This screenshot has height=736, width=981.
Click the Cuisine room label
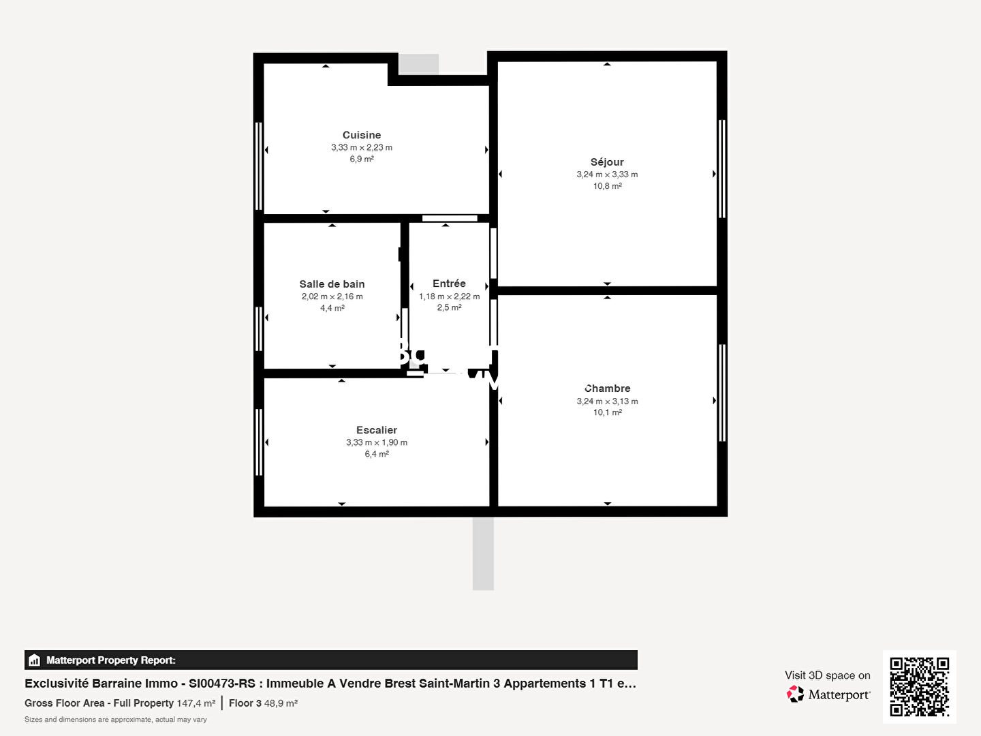click(362, 135)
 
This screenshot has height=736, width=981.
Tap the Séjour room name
click(607, 162)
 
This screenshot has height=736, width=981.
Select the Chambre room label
click(608, 388)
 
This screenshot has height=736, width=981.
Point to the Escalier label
click(377, 430)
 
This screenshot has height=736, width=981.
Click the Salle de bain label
click(332, 284)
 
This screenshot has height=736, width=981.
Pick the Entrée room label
click(449, 283)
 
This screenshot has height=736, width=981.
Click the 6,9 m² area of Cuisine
click(362, 159)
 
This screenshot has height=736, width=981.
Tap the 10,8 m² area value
click(607, 186)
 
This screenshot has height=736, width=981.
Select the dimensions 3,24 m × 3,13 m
click(607, 401)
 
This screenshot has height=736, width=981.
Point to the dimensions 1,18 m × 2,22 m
click(449, 296)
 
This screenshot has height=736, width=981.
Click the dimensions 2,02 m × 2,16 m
click(332, 296)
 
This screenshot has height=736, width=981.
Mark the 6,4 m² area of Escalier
click(377, 454)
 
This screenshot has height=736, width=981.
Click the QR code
click(919, 686)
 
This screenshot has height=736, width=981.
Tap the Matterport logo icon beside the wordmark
click(795, 694)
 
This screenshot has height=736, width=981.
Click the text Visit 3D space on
click(827, 675)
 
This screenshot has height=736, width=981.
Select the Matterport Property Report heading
click(110, 660)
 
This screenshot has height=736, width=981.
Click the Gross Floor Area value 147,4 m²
click(196, 703)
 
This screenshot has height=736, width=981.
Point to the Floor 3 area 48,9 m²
click(281, 703)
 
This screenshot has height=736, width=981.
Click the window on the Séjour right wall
click(722, 168)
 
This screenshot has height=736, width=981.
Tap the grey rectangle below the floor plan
click(483, 553)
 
